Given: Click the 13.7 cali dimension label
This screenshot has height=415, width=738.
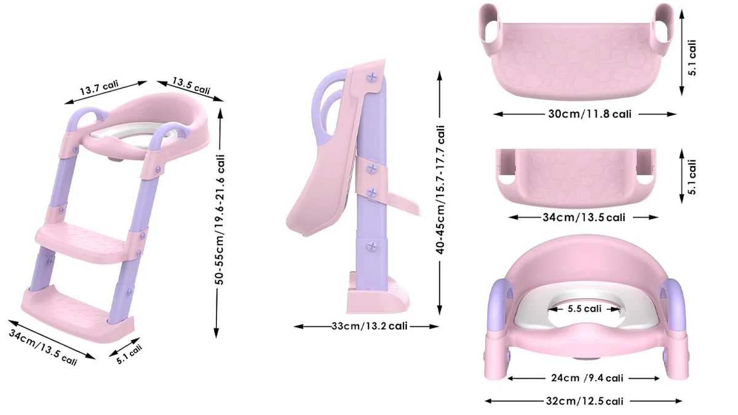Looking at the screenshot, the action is click(x=99, y=87).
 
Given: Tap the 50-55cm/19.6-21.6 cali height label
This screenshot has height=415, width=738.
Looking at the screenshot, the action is click(x=220, y=219).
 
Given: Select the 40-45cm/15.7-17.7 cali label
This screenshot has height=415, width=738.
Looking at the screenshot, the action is click(x=440, y=189).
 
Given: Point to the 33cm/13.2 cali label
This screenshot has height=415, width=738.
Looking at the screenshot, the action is click(x=370, y=326).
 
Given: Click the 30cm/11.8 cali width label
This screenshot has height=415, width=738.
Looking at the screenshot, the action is click(x=590, y=114).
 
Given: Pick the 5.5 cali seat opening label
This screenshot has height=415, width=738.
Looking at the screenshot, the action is click(x=584, y=309).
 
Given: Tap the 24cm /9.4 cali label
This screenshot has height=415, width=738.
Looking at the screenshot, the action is click(x=587, y=377).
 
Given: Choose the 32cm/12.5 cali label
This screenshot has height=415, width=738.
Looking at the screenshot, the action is click(x=584, y=401).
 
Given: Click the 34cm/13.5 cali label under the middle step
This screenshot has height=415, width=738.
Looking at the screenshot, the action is click(x=584, y=218).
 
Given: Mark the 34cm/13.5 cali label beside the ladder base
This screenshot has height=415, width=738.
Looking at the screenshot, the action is click(x=43, y=347).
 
